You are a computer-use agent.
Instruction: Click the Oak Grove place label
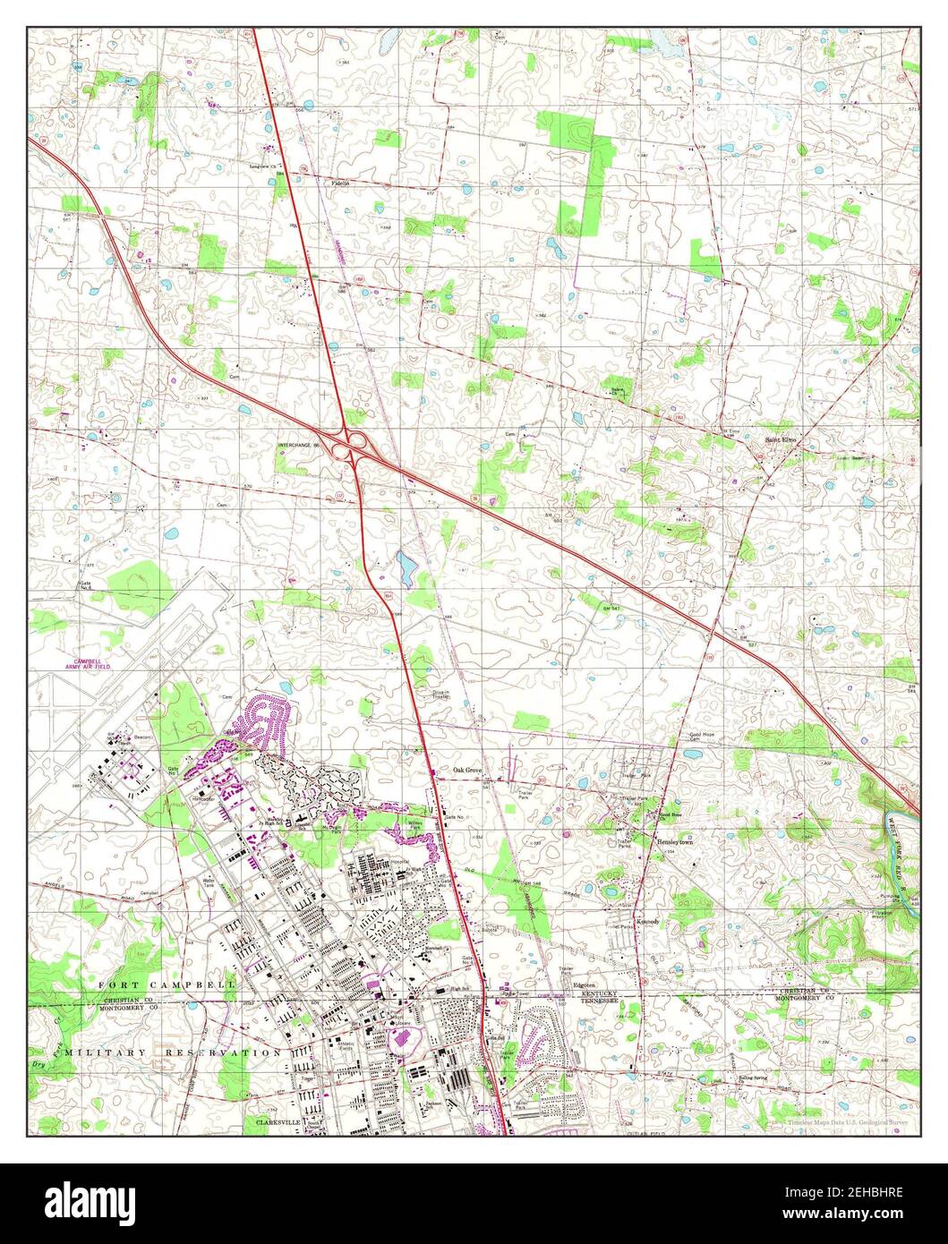click(x=467, y=770)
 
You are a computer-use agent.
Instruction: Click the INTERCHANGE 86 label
click(x=299, y=445)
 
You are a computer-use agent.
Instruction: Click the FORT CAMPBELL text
click(x=166, y=984)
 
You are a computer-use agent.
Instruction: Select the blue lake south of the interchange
click(x=405, y=567)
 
